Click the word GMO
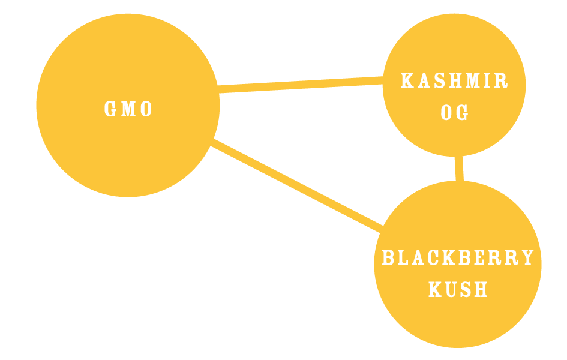pyautogui.click(x=128, y=109)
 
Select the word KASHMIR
pyautogui.click(x=454, y=81)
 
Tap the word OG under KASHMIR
pyautogui.click(x=454, y=113)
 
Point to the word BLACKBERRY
pyautogui.click(x=458, y=258)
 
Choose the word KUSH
pyautogui.click(x=458, y=290)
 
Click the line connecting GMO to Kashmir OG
pyautogui.click(x=300, y=85)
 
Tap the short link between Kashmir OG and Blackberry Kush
pyautogui.click(x=459, y=169)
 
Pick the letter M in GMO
pyautogui.click(x=128, y=109)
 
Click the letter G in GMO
pyautogui.click(x=110, y=109)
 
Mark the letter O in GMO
pyautogui.click(x=146, y=109)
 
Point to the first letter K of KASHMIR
pyautogui.click(x=406, y=81)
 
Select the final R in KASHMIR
pyautogui.click(x=503, y=81)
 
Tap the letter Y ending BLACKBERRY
pyautogui.click(x=528, y=258)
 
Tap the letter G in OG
pyautogui.click(x=463, y=113)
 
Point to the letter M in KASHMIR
pyautogui.click(x=470, y=81)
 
